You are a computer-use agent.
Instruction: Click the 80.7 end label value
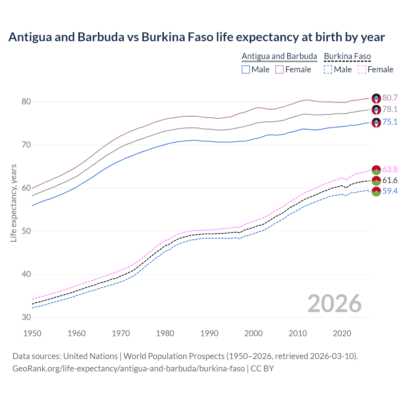tap(390, 98)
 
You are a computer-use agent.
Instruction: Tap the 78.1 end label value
tap(390, 109)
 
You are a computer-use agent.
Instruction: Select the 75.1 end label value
tap(390, 122)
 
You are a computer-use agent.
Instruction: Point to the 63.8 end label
tap(390, 169)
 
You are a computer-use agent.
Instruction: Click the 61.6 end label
tap(390, 180)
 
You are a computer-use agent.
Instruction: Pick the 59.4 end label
tap(390, 191)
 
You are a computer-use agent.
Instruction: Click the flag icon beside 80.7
tap(376, 98)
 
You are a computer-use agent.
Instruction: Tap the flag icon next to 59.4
tap(376, 192)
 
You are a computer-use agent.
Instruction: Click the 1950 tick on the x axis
tap(32, 333)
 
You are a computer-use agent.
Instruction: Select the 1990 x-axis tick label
tap(209, 333)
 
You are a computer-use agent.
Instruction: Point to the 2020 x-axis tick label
tap(342, 333)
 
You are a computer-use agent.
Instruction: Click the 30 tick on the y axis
tap(26, 317)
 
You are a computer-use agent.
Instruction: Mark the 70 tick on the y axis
tap(26, 145)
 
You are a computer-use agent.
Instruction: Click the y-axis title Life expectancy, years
tap(14, 203)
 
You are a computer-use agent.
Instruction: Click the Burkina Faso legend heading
tap(347, 56)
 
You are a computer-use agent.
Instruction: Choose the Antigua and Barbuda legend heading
tap(279, 56)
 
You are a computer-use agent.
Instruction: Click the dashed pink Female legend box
tap(362, 69)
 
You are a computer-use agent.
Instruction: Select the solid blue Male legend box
tap(246, 69)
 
